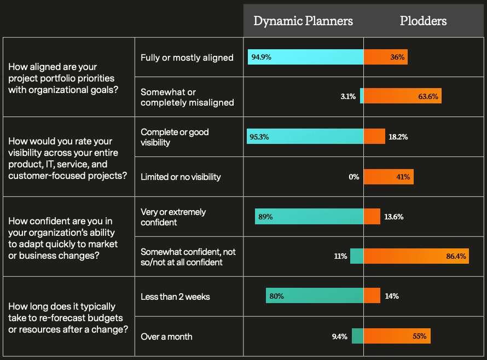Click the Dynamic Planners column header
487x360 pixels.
(303, 21)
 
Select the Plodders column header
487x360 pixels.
(423, 21)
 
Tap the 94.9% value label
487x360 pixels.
(261, 57)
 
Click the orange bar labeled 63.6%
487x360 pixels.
(402, 97)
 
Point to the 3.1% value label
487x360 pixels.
(348, 97)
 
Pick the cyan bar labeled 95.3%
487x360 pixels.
(305, 136)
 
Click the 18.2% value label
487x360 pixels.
(396, 136)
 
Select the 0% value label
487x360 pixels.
(353, 177)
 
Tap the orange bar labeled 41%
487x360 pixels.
(389, 177)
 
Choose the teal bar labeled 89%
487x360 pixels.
(309, 217)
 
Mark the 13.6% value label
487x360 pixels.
(393, 217)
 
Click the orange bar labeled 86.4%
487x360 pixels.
(416, 256)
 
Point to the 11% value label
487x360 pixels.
(340, 256)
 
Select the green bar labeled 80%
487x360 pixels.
(315, 296)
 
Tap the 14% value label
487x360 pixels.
(391, 296)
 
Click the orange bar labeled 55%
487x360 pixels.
(397, 336)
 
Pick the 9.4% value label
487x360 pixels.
(339, 336)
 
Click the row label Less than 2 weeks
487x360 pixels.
(175, 297)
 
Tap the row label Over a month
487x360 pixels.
(166, 336)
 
